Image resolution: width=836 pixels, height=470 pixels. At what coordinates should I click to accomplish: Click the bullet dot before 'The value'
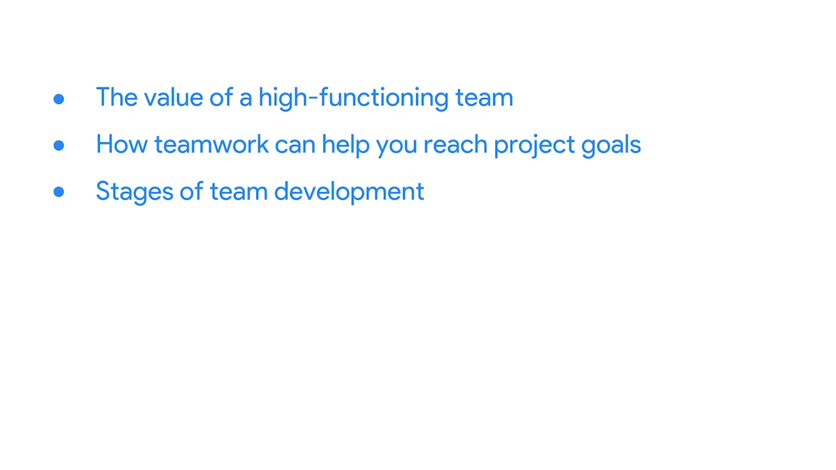point(59,99)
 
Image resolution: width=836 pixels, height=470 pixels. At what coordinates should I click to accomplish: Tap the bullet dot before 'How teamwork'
point(59,145)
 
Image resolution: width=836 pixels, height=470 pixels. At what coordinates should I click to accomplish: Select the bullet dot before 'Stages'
point(59,192)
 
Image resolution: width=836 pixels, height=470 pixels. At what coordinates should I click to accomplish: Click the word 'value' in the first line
point(173,97)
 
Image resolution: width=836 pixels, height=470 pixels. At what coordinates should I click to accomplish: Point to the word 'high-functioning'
point(353,99)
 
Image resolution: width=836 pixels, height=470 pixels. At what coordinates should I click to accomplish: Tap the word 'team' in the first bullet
point(484,98)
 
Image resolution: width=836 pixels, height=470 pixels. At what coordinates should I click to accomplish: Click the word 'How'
point(121,144)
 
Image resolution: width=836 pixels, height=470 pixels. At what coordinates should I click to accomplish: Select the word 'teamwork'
point(211,144)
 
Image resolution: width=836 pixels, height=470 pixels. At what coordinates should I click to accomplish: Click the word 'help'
point(346,146)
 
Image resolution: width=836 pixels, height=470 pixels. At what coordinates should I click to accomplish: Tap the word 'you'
point(396,148)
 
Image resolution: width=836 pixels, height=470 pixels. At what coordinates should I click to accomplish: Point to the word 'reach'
point(455,144)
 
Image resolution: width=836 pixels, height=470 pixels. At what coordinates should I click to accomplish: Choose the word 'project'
point(534,146)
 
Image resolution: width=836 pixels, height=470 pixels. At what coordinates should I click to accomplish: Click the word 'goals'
point(611,146)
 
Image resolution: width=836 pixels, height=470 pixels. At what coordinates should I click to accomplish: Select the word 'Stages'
point(135,193)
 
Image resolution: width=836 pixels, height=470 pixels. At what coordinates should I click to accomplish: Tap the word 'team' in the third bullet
point(239,192)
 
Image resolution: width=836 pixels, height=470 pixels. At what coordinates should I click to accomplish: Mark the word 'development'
point(349,193)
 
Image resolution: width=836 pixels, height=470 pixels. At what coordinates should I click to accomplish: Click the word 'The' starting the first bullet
point(116,97)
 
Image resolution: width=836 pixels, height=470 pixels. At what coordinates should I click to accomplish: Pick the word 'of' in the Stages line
point(191,191)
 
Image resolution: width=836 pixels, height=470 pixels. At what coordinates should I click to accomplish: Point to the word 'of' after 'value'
point(221,97)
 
